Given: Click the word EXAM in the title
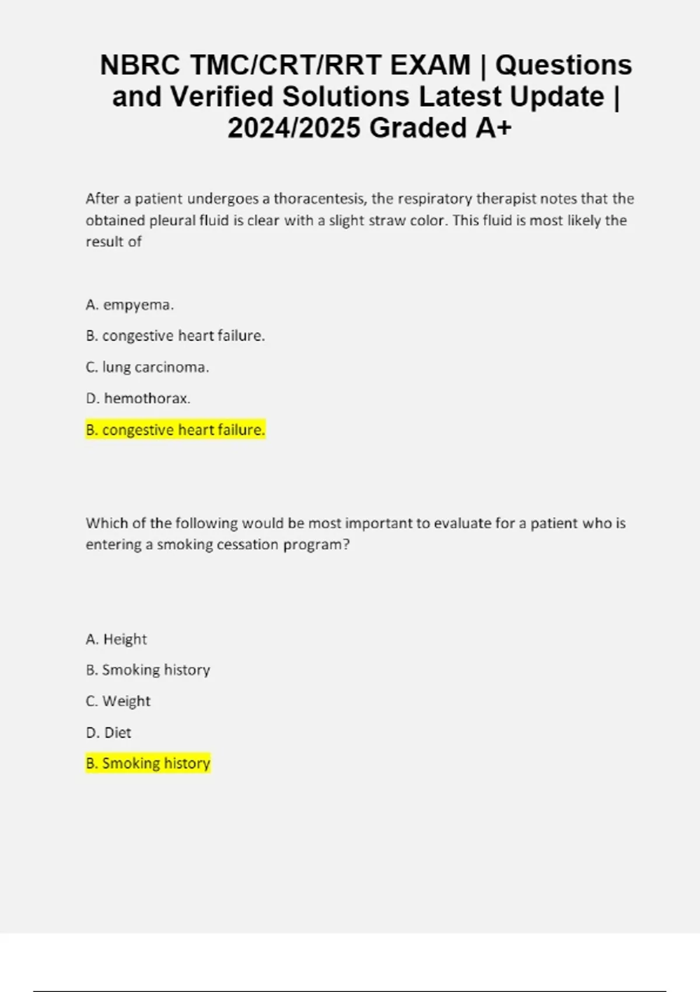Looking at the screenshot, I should [430, 65].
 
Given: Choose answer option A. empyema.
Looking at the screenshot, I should [129, 305].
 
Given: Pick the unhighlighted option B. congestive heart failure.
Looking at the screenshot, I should [175, 336].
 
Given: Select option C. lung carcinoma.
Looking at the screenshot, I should [147, 367].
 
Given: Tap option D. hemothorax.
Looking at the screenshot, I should [138, 399].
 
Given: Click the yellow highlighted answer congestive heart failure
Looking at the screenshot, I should [175, 430].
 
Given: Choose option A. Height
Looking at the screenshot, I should [116, 639].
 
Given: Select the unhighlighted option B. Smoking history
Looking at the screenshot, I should [148, 670].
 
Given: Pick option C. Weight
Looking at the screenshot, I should [118, 701].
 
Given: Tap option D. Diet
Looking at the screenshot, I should [108, 732].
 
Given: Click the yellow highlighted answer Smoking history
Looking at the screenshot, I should [148, 763].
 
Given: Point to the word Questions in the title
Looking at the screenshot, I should [563, 65].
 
